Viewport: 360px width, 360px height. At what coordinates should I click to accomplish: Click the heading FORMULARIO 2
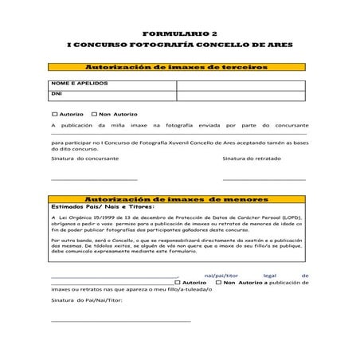click(x=179, y=34)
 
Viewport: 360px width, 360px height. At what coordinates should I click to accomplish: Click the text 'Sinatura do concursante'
click(x=85, y=158)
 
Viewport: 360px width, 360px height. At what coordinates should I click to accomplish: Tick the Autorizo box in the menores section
click(x=178, y=282)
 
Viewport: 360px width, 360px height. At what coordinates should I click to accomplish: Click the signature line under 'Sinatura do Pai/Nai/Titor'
click(x=119, y=321)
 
